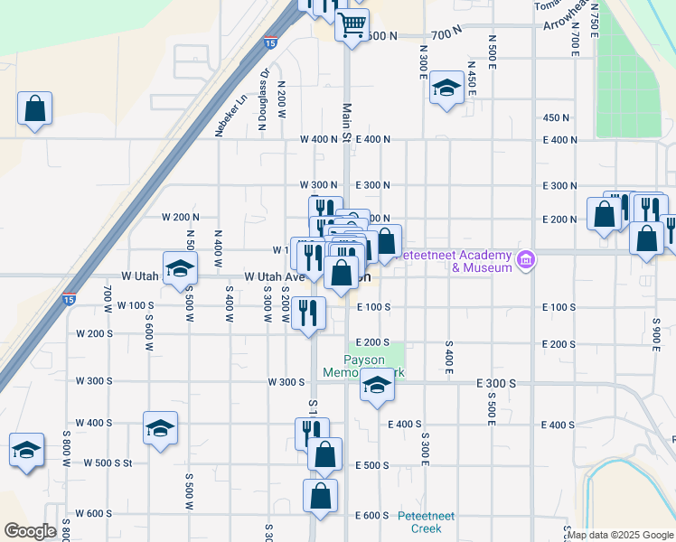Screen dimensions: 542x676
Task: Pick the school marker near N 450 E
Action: point(446,89)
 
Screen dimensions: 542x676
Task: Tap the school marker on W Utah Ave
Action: point(180,268)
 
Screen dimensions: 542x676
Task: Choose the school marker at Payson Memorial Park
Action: point(377,387)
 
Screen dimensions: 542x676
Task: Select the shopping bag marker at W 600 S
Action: point(320,496)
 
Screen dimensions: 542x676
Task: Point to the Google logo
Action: point(30,531)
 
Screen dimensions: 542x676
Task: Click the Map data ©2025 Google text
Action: point(621,535)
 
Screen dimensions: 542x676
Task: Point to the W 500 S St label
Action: point(108,463)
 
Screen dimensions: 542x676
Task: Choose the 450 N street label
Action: point(556,117)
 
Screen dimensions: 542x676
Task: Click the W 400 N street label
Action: point(319,139)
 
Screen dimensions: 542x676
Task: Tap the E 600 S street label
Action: point(371,515)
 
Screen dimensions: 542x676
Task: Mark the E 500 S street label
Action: point(371,465)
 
